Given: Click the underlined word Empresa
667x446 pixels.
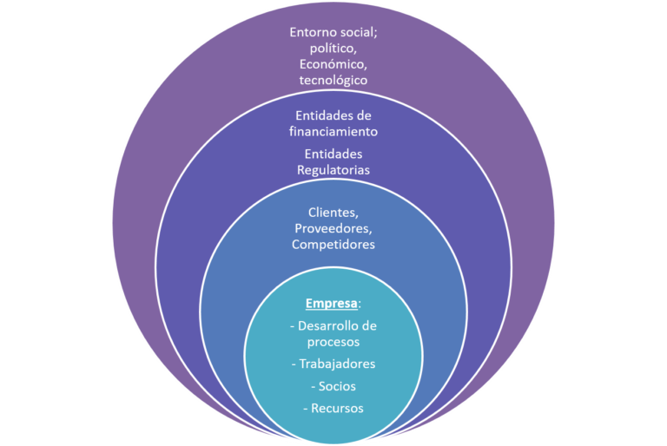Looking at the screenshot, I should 331,305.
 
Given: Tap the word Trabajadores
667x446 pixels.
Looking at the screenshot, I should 337,364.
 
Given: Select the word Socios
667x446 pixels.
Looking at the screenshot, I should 337,385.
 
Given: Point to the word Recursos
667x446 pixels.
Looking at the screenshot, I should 337,408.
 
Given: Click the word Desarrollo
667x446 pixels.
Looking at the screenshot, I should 327,326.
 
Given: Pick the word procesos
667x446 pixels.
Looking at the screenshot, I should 333,342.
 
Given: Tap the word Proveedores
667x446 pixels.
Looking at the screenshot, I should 333,228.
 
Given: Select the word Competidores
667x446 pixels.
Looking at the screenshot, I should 333,245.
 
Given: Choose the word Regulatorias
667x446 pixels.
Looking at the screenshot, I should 333,170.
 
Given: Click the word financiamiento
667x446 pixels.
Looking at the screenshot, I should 333,132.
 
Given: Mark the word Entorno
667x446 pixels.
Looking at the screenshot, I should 313,32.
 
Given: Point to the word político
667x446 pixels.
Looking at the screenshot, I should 333,49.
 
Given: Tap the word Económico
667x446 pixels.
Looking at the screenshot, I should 333,64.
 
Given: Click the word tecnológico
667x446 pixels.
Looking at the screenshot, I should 333,81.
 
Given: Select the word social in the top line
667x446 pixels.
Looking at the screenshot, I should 360,32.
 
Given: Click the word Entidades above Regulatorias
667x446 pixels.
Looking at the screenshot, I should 333,154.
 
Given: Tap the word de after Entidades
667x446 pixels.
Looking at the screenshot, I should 364,115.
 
